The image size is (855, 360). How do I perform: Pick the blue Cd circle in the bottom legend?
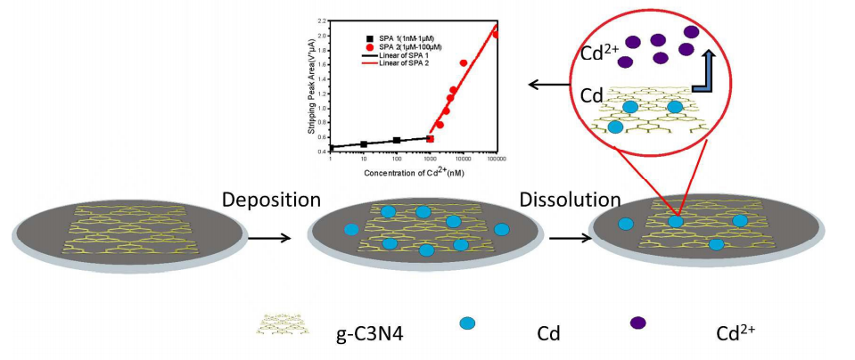click(x=466, y=323)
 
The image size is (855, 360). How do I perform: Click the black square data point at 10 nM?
click(x=364, y=143)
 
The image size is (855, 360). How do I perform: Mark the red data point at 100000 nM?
click(x=496, y=35)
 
